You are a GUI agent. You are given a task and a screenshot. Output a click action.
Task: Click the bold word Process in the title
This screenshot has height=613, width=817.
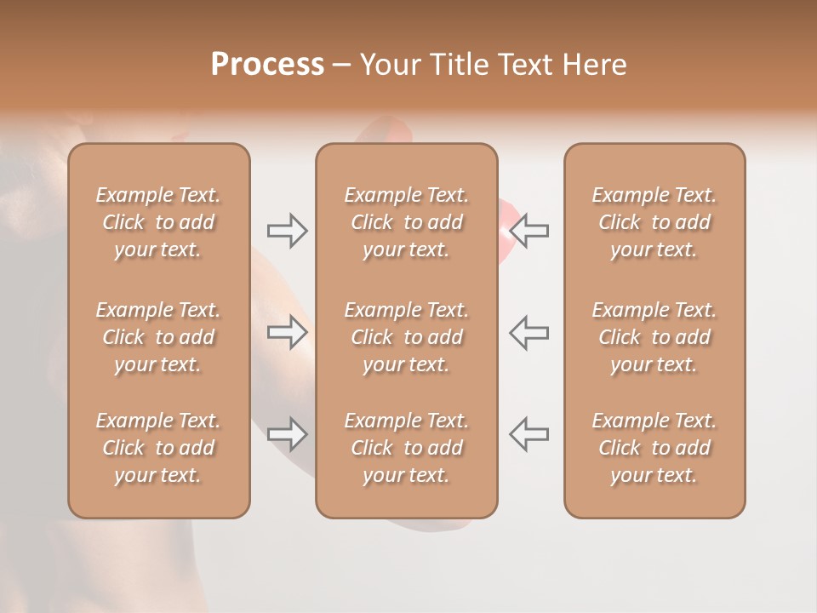tap(267, 65)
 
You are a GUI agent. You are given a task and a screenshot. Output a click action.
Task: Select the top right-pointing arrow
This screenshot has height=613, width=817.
tap(287, 231)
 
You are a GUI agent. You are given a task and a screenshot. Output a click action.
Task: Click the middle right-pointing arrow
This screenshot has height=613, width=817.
tap(287, 332)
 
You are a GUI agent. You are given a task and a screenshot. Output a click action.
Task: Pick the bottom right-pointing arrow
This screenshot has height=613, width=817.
tap(287, 434)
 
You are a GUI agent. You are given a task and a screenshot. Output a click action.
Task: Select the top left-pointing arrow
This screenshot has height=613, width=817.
tap(528, 231)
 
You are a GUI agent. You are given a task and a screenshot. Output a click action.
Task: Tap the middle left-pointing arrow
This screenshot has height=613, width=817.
tap(528, 332)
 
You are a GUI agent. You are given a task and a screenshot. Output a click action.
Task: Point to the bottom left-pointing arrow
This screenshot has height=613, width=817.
tap(528, 434)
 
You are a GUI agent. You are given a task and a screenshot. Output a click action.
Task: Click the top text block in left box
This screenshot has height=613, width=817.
tap(158, 222)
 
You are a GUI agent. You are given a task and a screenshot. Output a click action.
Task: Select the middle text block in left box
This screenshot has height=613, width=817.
tap(158, 337)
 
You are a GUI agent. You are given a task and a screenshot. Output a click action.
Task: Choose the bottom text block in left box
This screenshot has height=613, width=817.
tap(158, 448)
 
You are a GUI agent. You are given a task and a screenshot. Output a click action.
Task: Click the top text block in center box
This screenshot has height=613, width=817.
tap(406, 222)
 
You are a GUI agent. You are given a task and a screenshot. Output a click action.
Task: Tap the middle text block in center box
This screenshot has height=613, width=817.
tap(406, 337)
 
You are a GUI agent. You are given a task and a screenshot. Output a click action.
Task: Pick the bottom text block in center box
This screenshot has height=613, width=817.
tap(406, 448)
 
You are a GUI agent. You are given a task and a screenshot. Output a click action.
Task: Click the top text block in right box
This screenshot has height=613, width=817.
tap(654, 222)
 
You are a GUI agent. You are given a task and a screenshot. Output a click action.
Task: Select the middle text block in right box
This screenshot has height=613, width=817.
tap(654, 337)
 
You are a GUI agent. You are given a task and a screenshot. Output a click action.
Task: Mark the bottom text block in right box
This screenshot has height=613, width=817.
tap(654, 448)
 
